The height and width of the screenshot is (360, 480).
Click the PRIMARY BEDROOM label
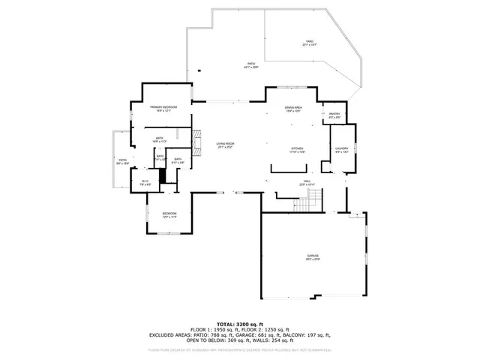click(162, 109)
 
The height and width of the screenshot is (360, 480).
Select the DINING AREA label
click(292, 109)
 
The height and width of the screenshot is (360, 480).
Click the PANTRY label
click(334, 115)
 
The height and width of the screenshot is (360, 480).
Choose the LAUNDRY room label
click(341, 148)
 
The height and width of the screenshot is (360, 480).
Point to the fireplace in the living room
click(197, 142)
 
